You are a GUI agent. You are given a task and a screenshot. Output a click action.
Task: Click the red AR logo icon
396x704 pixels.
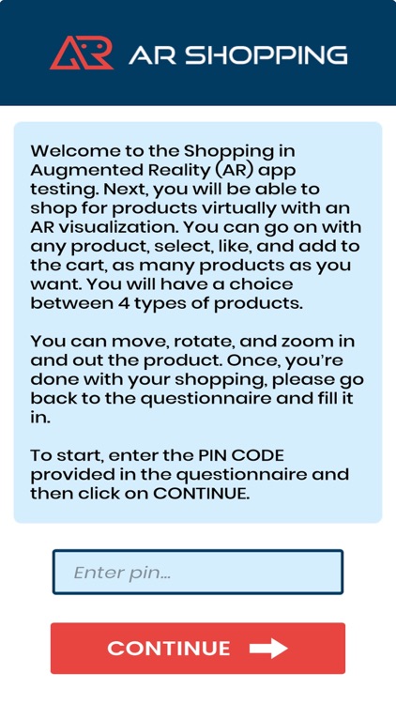tap(81, 54)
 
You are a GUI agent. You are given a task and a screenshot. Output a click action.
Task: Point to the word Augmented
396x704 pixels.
tap(81, 170)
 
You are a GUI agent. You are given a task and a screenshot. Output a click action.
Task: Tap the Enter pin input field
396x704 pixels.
tap(198, 573)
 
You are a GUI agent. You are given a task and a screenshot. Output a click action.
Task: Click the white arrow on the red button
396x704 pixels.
tap(268, 649)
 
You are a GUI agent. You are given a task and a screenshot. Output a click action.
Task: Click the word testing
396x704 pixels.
tap(64, 190)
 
